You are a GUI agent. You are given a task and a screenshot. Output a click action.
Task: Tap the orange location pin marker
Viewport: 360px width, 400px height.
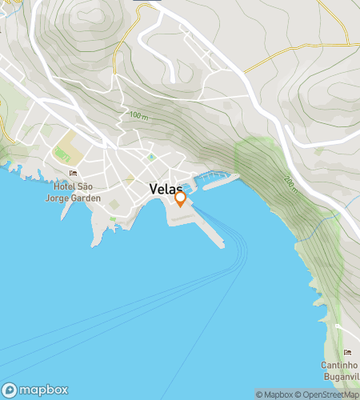181,198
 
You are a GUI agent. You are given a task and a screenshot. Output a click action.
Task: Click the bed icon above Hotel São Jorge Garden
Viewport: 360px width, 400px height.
74,173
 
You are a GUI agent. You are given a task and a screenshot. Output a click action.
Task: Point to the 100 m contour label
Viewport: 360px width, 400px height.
138,117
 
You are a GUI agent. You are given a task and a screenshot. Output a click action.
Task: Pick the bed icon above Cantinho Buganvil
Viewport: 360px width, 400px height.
347,353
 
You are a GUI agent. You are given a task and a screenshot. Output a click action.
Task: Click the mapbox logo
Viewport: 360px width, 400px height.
36,390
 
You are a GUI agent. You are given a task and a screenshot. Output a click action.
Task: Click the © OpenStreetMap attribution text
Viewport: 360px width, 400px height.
328,394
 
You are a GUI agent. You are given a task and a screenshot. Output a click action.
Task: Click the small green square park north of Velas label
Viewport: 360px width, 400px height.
150,157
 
